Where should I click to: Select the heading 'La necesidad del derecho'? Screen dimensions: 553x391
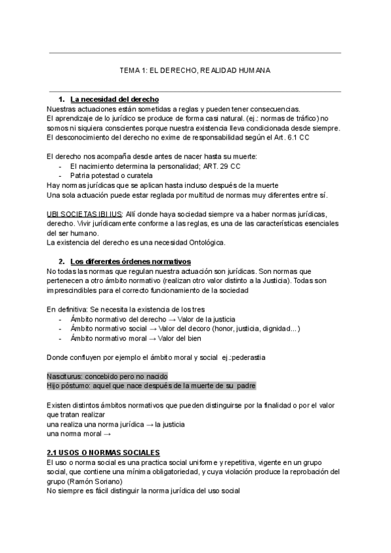tap(115, 99)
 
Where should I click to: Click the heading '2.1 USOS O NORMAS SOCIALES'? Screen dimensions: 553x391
tap(104, 453)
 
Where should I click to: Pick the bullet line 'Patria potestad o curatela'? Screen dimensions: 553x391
tap(111, 176)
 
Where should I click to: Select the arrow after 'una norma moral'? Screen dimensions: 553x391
tap(107, 433)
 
